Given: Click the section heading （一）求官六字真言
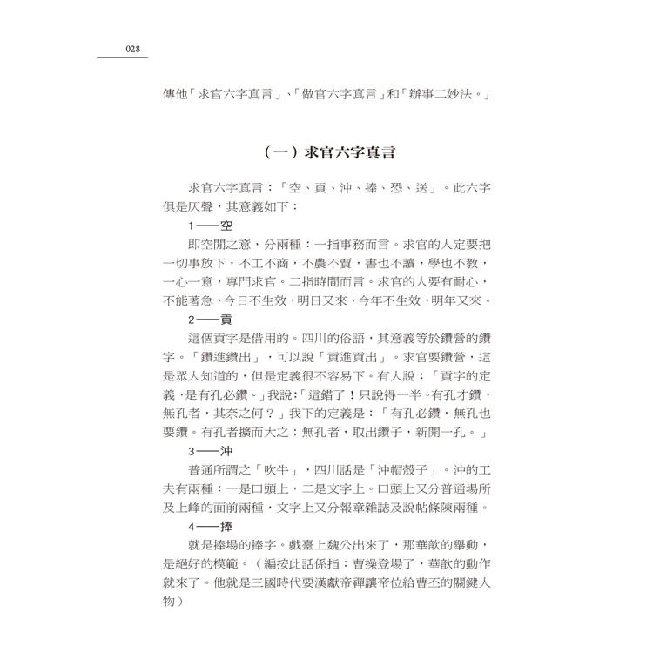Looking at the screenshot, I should tap(330, 153).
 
